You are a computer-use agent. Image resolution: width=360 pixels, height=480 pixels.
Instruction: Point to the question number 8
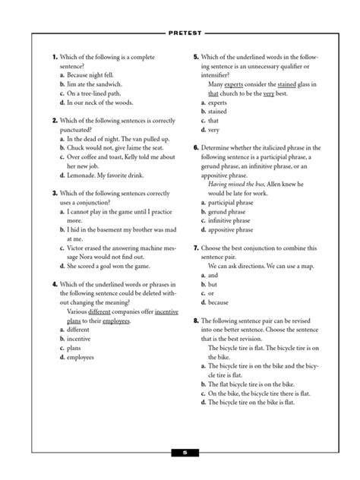tap(196, 321)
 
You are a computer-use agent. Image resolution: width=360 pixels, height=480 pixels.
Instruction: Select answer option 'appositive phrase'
tap(235, 229)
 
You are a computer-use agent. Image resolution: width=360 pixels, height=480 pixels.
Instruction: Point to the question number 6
tap(196, 147)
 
